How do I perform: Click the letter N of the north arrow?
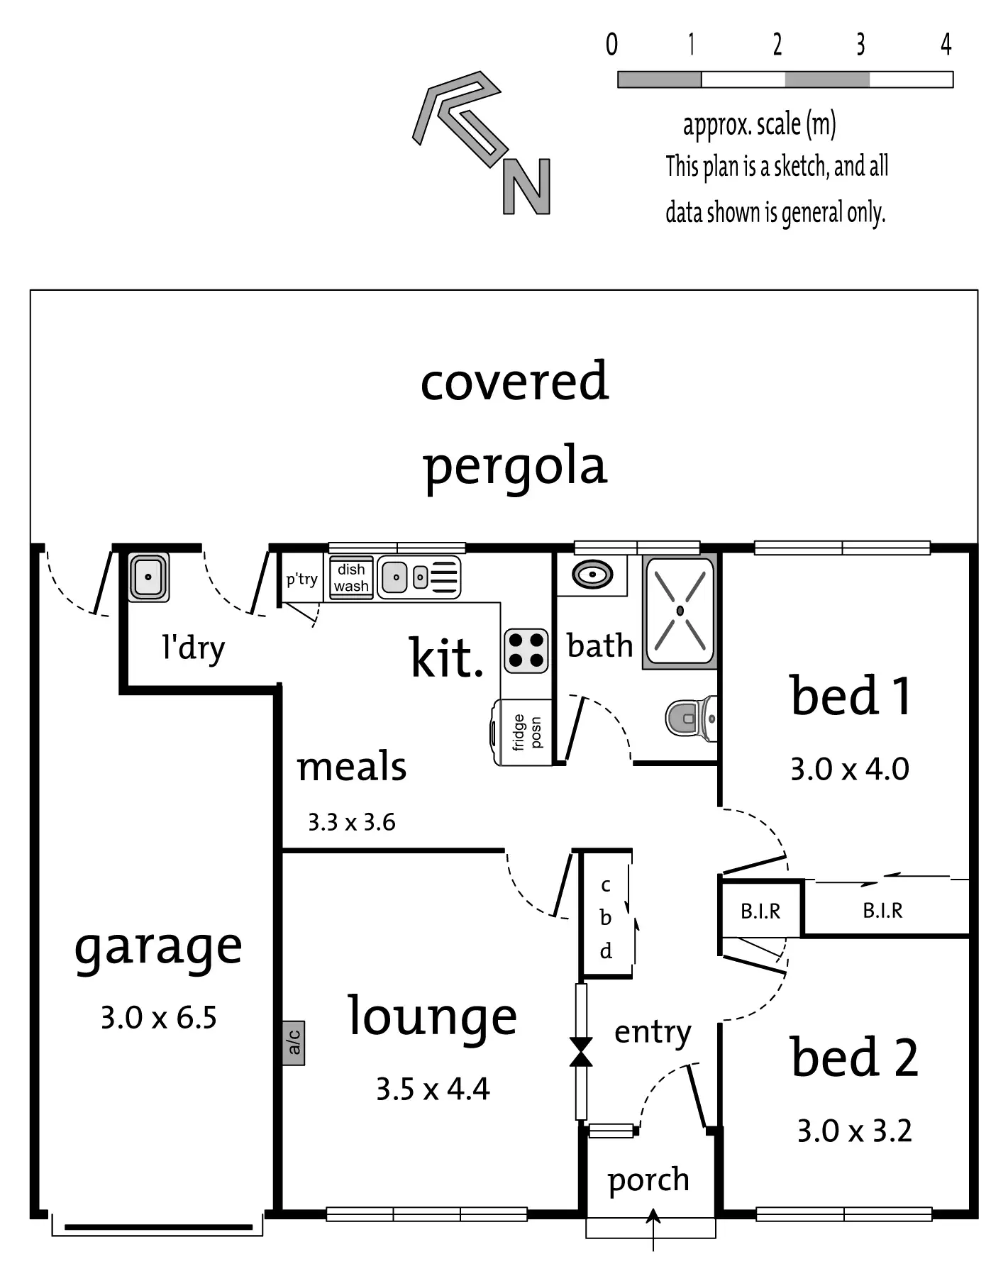click(x=526, y=187)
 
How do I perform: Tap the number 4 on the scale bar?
click(x=946, y=45)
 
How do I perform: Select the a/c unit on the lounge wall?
click(x=294, y=1043)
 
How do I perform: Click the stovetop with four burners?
click(x=526, y=650)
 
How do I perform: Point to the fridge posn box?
click(x=525, y=732)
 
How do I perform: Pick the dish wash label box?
click(x=351, y=578)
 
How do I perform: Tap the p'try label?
click(x=301, y=579)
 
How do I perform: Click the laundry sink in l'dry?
click(x=148, y=577)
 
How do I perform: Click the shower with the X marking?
click(x=680, y=611)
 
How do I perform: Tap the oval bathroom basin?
click(x=592, y=574)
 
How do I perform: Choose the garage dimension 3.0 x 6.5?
click(x=158, y=1018)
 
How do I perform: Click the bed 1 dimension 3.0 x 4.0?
click(x=849, y=769)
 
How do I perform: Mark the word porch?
click(x=648, y=1180)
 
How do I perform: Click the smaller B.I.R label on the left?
click(x=760, y=911)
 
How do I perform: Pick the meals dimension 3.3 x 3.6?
click(x=351, y=822)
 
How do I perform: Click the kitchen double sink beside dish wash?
click(x=419, y=577)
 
